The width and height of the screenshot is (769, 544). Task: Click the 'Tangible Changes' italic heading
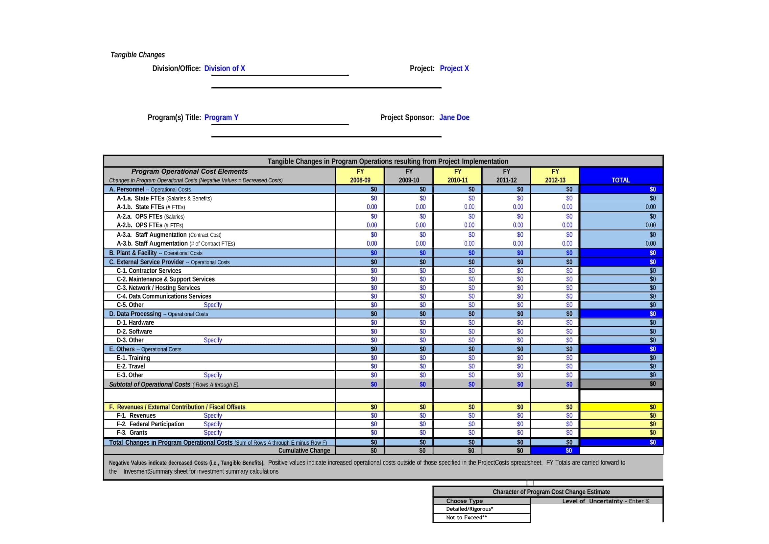tap(138, 55)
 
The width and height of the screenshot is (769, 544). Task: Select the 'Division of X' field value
tap(225, 68)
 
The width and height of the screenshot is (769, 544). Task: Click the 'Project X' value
tap(454, 68)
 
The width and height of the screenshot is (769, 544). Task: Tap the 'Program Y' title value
tap(221, 117)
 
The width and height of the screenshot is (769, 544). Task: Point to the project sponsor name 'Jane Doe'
tap(454, 117)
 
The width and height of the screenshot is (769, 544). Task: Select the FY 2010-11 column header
tap(458, 176)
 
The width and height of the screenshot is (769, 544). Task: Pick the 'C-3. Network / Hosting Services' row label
tap(158, 288)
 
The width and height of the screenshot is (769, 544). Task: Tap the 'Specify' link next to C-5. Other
tap(213, 305)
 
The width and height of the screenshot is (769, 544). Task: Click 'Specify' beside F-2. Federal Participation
tap(213, 424)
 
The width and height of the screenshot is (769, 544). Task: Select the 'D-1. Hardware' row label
tap(135, 323)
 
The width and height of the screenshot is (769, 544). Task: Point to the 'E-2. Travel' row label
tap(131, 366)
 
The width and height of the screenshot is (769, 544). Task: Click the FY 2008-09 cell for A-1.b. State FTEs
tap(372, 207)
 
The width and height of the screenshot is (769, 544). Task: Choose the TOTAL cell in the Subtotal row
tap(621, 384)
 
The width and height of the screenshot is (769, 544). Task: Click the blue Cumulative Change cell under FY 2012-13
tap(555, 451)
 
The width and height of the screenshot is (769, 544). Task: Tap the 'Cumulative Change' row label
tap(304, 451)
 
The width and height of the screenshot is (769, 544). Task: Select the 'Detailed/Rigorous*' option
tap(469, 509)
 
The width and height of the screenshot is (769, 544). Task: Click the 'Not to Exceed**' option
tap(466, 518)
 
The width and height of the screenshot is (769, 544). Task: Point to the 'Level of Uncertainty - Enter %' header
tap(605, 501)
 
